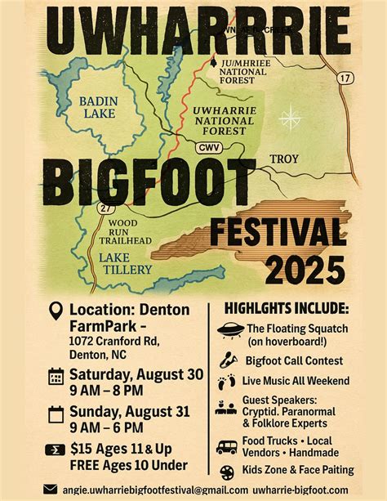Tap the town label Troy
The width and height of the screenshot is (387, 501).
[x=284, y=159]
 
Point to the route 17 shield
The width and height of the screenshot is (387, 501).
[x=346, y=78]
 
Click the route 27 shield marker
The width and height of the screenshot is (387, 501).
[x=105, y=209]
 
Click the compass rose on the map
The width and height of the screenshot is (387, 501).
[x=290, y=119]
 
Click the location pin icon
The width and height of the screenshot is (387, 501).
[x=56, y=311]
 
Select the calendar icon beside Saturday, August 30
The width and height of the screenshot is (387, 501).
[x=56, y=376]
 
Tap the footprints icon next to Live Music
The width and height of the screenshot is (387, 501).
[x=226, y=382]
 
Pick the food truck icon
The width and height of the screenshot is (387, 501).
[x=227, y=447]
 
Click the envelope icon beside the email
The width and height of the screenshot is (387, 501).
[x=51, y=489]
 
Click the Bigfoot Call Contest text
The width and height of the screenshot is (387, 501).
[x=294, y=360]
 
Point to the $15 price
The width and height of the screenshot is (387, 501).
[x=82, y=449]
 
